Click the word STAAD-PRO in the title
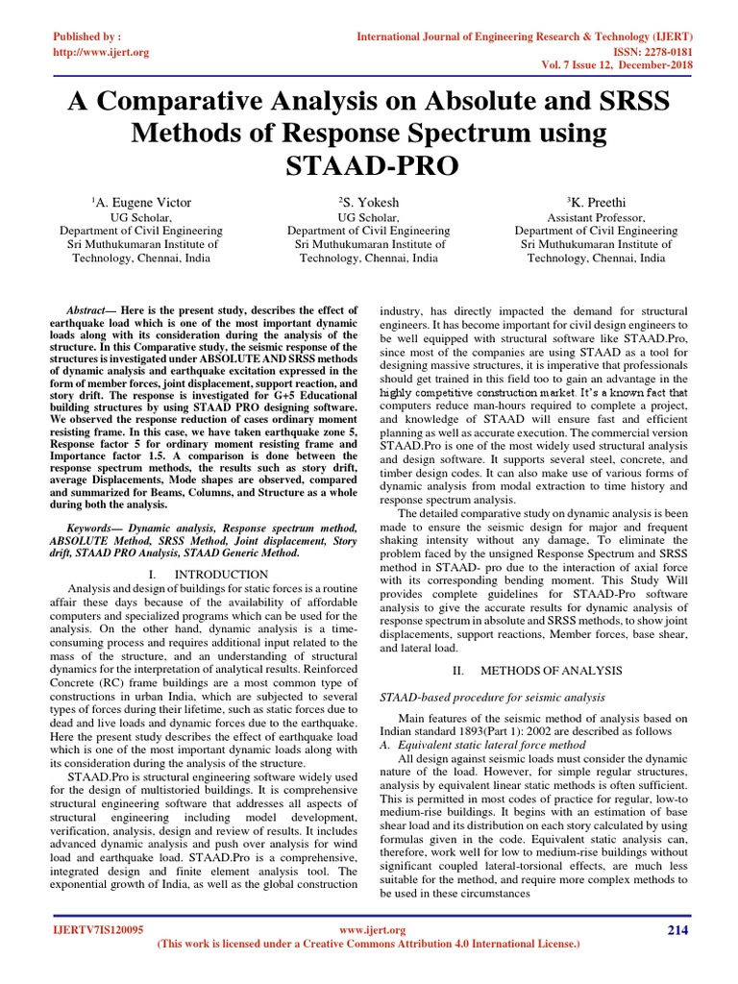tap(369, 165)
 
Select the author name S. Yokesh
tap(368, 203)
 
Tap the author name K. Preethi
tap(596, 203)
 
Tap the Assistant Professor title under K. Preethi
tap(596, 218)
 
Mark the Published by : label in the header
tap(89, 36)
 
